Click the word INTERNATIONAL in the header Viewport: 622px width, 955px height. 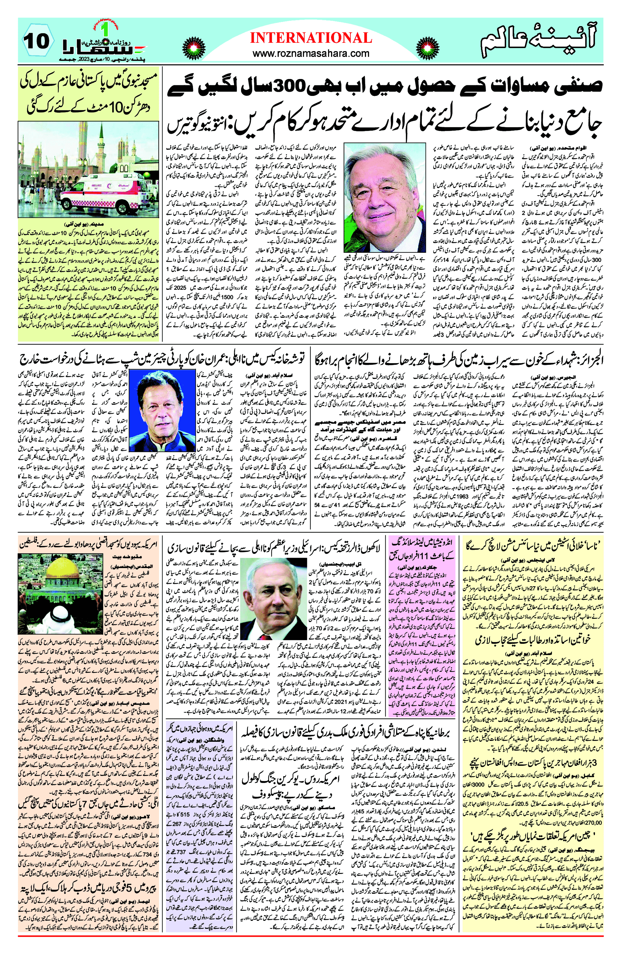311,38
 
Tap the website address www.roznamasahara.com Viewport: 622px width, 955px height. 311,53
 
